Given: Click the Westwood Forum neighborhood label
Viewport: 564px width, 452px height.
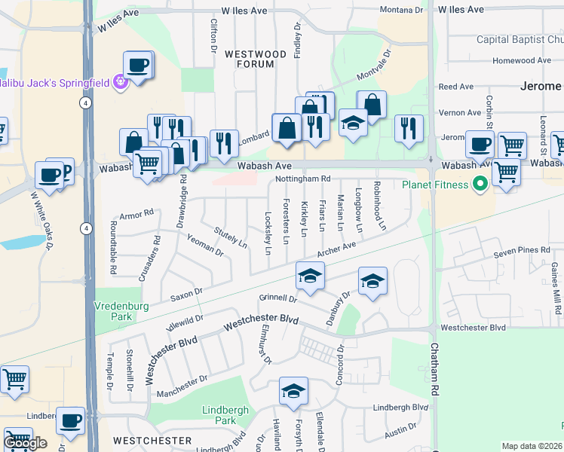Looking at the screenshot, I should click(256, 60).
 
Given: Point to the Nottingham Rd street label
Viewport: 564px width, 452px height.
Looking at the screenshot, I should click(303, 179).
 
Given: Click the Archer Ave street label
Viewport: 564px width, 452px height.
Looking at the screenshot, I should click(336, 249).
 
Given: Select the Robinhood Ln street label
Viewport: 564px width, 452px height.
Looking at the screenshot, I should click(382, 206).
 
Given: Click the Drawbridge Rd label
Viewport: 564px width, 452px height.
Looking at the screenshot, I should click(182, 201).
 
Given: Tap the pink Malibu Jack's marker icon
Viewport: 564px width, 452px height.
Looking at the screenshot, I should click(119, 81).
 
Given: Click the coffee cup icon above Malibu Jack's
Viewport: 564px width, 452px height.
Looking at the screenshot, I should click(138, 65).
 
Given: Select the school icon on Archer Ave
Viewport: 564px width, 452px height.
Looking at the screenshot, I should click(309, 276).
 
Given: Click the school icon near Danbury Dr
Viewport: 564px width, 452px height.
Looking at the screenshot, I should click(372, 282).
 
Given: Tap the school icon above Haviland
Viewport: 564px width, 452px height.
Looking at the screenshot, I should click(293, 391).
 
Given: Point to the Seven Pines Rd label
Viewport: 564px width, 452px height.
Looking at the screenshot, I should click(518, 250).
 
